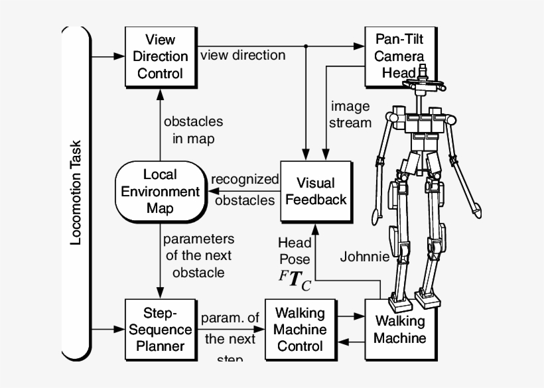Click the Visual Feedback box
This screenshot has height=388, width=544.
click(x=314, y=191)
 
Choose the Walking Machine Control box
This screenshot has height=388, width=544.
click(x=300, y=329)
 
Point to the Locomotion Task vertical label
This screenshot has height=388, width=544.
click(x=76, y=192)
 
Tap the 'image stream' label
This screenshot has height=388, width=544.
click(x=350, y=114)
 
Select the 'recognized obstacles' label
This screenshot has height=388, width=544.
click(x=245, y=190)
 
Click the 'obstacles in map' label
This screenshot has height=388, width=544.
click(x=193, y=130)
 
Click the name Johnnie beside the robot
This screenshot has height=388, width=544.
click(x=364, y=257)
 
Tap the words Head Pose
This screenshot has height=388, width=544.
click(x=294, y=251)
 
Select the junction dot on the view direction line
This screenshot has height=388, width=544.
click(x=305, y=46)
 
